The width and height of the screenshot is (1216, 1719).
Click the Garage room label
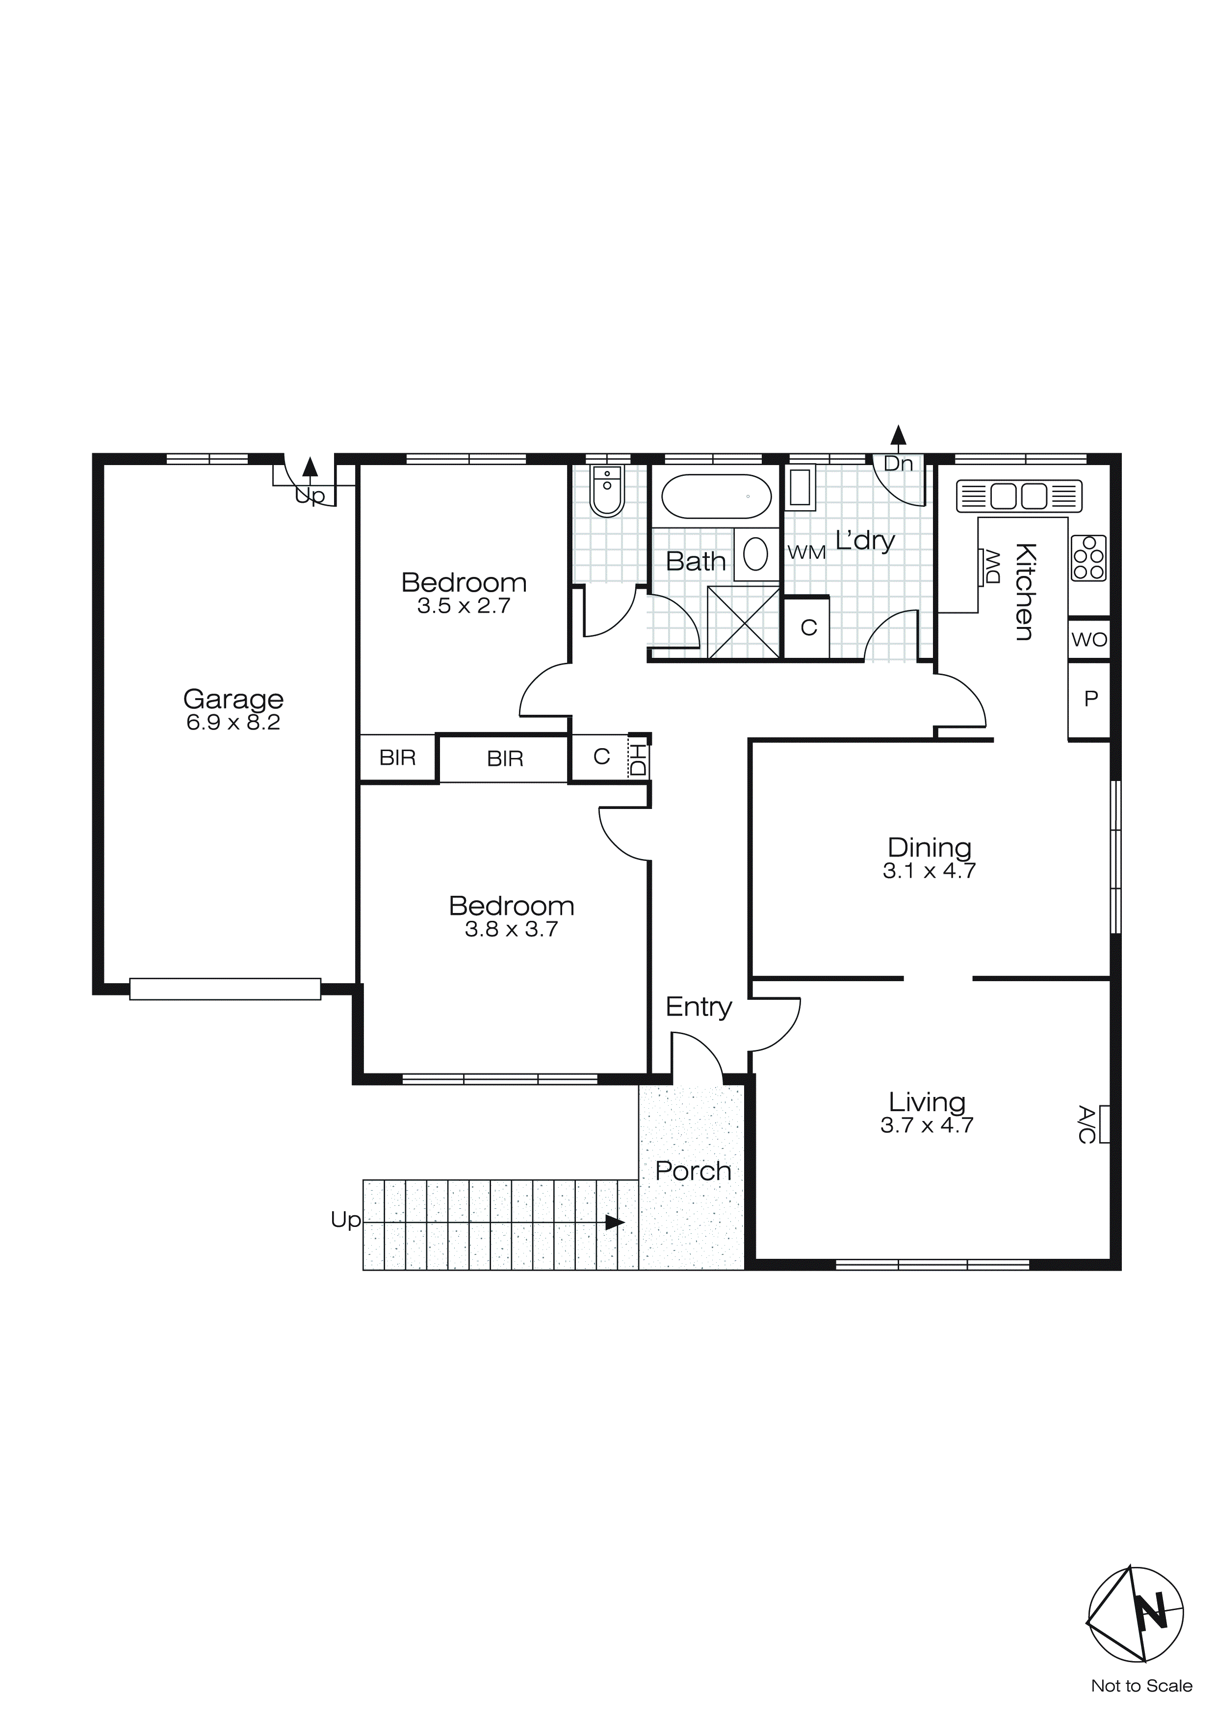pyautogui.click(x=233, y=699)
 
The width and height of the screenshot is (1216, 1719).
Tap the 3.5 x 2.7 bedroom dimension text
pyautogui.click(x=464, y=606)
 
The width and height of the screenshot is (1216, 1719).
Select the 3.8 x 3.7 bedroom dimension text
pyautogui.click(x=512, y=929)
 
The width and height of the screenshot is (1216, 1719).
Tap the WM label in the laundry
pyautogui.click(x=806, y=552)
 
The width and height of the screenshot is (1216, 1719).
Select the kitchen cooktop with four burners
pyautogui.click(x=1088, y=558)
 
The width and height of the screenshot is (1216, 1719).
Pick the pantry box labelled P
pyautogui.click(x=1090, y=699)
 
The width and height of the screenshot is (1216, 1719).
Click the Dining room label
pyautogui.click(x=929, y=848)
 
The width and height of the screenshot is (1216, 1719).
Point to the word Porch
pyautogui.click(x=693, y=1172)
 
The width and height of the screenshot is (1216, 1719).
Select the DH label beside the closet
pyautogui.click(x=639, y=759)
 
